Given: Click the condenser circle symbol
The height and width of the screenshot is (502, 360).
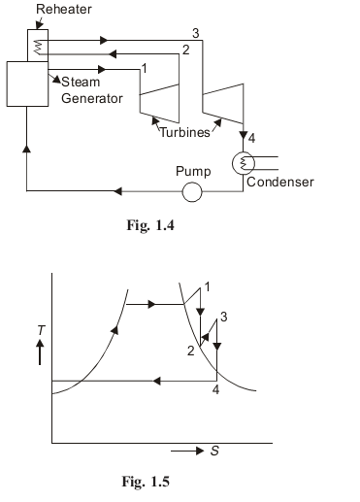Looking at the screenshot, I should tap(243, 163).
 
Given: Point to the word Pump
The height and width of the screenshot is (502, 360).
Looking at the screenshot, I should tap(192, 171).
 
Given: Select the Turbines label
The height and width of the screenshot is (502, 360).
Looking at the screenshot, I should tap(184, 132).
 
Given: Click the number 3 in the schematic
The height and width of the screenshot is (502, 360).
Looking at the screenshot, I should tap(196, 34).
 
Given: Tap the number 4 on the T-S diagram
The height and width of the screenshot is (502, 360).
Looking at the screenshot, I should tap(216, 390).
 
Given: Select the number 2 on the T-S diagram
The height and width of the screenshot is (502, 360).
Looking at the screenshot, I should tap(191, 351).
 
